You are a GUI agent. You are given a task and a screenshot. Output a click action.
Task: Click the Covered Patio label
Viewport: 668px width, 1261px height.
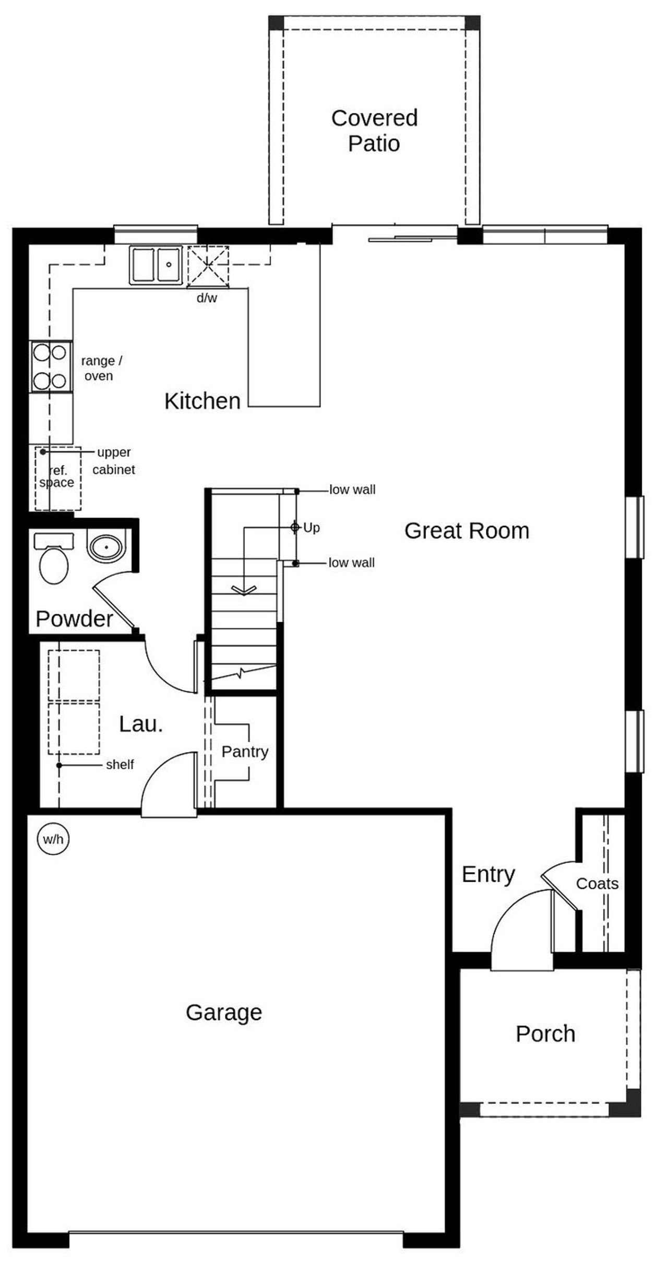[x=374, y=130]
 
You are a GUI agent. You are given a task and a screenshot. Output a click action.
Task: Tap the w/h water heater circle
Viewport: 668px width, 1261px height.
[x=53, y=839]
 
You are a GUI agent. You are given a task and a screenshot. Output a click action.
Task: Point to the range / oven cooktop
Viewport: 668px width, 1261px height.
[x=51, y=366]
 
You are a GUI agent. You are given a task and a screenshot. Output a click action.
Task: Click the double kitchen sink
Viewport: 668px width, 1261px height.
[x=156, y=265]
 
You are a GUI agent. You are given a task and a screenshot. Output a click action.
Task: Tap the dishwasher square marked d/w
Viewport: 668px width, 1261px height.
[x=208, y=266]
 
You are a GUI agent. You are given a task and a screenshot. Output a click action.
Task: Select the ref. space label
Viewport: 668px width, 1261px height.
[x=57, y=477]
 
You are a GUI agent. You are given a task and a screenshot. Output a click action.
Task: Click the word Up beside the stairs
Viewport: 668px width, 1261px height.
[x=312, y=528]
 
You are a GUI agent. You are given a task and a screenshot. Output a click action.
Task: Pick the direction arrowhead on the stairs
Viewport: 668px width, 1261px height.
[x=244, y=590]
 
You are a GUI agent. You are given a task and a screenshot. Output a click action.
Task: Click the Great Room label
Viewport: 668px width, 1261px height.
[x=467, y=531]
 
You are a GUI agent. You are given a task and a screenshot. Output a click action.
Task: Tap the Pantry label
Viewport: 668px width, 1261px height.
[x=245, y=752]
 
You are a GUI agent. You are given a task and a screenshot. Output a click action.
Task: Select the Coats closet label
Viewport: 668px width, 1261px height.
[x=597, y=884]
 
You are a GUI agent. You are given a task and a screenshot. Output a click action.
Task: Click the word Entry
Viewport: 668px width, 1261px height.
[x=488, y=874]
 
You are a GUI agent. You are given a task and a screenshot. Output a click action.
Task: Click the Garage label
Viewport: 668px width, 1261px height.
[x=224, y=1012]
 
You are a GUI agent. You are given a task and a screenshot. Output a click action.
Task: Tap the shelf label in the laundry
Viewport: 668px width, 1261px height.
[x=120, y=765]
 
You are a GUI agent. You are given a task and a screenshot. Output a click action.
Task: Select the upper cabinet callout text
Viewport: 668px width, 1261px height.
[x=114, y=461]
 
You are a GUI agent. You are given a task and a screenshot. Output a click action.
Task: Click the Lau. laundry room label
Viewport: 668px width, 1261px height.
[x=141, y=724]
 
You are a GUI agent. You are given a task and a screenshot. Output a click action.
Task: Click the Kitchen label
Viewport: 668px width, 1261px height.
[x=202, y=401]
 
